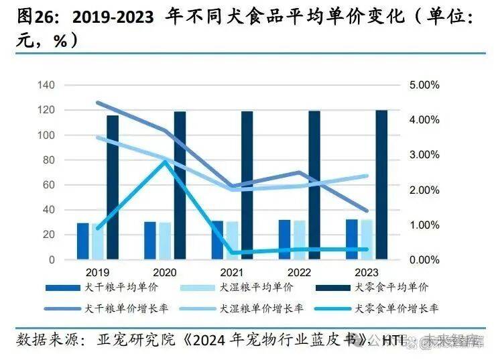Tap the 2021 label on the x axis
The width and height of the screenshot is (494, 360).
(232, 272)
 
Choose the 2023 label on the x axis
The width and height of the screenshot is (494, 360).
(366, 272)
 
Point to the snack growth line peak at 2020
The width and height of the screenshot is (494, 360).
(165, 161)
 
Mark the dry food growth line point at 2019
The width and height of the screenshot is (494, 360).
(98, 103)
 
